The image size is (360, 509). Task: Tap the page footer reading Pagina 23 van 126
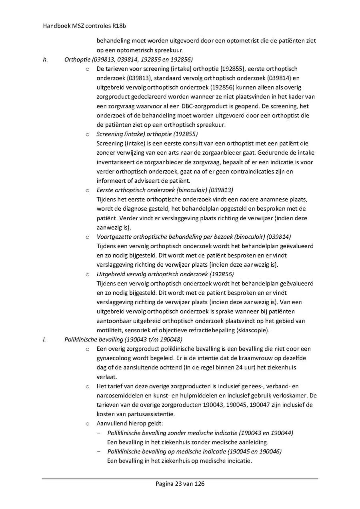180,484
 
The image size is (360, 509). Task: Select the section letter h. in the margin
45,60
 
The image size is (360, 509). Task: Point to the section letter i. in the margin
44,339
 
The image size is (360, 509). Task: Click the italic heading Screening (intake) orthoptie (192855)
147,134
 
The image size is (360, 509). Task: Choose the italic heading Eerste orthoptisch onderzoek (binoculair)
165,190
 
